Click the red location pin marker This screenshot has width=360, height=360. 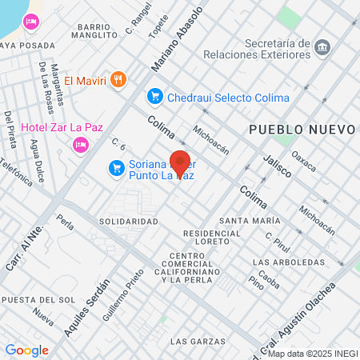point(180,162)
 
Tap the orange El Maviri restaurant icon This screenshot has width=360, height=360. point(118,78)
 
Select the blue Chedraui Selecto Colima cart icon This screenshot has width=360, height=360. point(154,97)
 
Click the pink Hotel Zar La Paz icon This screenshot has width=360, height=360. point(80,143)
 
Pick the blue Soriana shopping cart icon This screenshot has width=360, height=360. point(117,167)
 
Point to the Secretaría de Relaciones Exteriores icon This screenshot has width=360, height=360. point(322,46)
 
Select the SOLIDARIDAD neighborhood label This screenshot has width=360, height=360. point(129,221)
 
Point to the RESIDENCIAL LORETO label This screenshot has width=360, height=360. point(212,236)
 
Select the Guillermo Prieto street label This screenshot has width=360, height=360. point(116,296)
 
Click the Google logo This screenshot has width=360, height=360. point(26,350)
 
